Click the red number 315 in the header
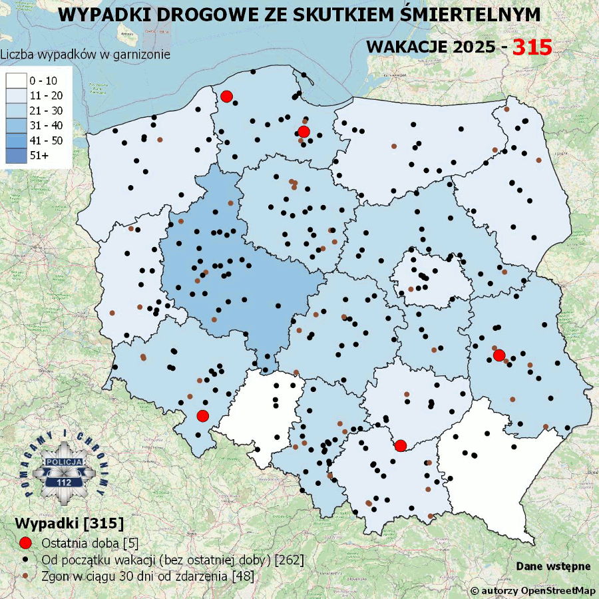click(x=532, y=47)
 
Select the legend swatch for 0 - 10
click(x=16, y=81)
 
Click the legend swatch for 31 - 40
click(x=16, y=125)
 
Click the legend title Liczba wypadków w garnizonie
click(x=85, y=55)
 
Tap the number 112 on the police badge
click(x=65, y=481)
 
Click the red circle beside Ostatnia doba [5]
click(x=25, y=542)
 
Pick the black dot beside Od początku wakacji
click(x=25, y=559)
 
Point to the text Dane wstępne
click(x=553, y=566)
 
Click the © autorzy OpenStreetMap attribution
click(x=532, y=590)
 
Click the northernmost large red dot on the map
click(x=226, y=97)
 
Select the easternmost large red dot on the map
click(x=499, y=355)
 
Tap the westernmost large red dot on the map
click(x=203, y=416)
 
